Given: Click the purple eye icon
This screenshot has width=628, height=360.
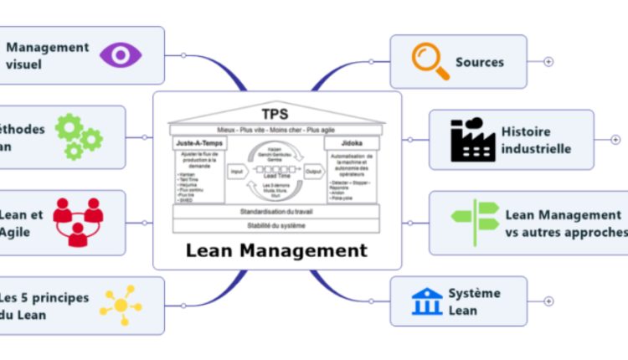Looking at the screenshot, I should coord(121,55).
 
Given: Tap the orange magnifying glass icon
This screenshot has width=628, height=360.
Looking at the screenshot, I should coord(430,61).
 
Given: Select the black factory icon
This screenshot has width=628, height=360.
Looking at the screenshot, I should coord(473,140).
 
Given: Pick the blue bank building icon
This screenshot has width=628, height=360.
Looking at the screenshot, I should coord(428,301).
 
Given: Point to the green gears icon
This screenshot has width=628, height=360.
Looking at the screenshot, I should coord(78,136).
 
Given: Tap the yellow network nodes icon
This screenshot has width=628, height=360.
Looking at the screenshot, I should coord(121,306).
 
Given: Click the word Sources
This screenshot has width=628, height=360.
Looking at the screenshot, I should coord(480,62).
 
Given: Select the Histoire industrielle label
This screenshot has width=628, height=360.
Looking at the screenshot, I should coord(536,140).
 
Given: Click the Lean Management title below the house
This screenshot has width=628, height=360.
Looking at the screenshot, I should coord(276,249).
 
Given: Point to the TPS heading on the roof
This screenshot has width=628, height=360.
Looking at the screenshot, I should coord(276,114).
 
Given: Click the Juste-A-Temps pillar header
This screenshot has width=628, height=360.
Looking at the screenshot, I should coord(199,144).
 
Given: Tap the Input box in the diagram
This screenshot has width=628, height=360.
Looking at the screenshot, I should coord(237,172).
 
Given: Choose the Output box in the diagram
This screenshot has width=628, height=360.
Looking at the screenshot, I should coord(314,172).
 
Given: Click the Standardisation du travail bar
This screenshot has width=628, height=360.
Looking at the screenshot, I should coord(276,212).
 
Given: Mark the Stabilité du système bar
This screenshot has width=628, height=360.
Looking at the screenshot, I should coord(276,225).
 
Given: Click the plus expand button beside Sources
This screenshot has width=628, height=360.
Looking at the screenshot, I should coord(548,61).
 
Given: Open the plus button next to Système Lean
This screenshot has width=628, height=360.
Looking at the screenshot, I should coord(548,301).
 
